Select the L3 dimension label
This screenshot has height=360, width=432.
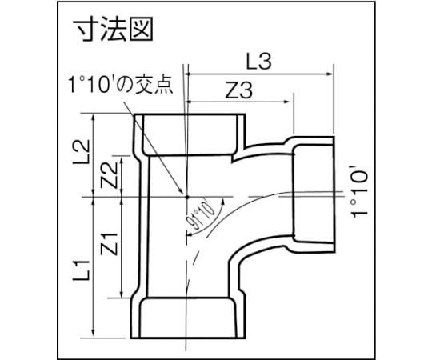[x=258, y=61]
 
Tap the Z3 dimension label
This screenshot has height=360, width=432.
[x=238, y=90]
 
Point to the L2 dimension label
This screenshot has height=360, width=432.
[x=81, y=152]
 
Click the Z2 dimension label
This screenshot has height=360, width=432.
[x=109, y=175]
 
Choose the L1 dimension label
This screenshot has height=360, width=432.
[x=82, y=270]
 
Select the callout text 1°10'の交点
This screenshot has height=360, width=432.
[x=122, y=84]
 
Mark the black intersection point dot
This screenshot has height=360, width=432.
[x=186, y=197]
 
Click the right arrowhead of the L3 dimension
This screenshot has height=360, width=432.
[x=330, y=74]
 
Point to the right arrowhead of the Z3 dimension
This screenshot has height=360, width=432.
[x=287, y=102]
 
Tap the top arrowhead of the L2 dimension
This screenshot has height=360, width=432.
[x=94, y=118]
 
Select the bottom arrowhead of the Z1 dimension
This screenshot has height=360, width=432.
[x=122, y=294]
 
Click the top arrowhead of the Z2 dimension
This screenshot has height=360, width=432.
[x=122, y=160]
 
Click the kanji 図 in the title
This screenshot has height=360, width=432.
[x=141, y=30]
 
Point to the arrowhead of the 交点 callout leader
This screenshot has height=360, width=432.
[x=181, y=191]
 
